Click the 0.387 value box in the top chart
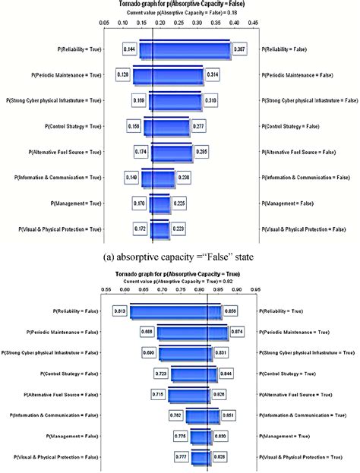click(238, 49)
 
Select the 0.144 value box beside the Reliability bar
click(129, 49)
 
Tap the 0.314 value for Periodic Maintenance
click(212, 74)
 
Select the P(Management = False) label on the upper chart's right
click(290, 203)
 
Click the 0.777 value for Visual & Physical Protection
click(182, 456)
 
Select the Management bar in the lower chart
click(201, 436)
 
